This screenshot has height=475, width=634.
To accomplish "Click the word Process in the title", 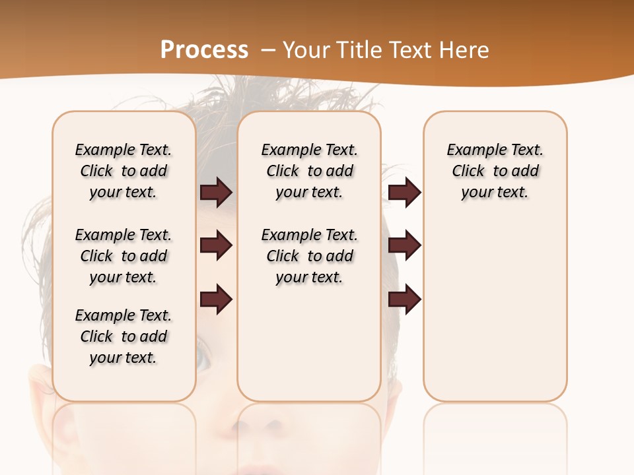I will point(204,49).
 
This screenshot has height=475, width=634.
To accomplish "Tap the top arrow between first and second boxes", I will point(216,193).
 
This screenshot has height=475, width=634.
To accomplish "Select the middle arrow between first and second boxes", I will point(216,245).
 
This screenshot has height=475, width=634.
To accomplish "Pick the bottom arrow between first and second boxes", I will point(216,299).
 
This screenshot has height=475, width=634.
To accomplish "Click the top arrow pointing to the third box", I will point(404,193).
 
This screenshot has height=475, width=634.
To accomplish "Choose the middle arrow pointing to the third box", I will point(404,245).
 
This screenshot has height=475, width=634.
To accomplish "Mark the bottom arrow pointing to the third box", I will point(404,299).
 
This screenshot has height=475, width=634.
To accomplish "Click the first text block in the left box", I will point(123,171).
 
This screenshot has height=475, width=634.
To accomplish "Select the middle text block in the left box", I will point(123,256).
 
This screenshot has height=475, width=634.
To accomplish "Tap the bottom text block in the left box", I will point(123,336).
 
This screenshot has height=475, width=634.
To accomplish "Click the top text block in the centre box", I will point(309,171).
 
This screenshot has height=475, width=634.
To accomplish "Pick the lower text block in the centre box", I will point(309,256).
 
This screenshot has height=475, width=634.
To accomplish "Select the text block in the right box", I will point(495,171).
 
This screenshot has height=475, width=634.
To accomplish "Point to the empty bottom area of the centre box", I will point(309,350).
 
